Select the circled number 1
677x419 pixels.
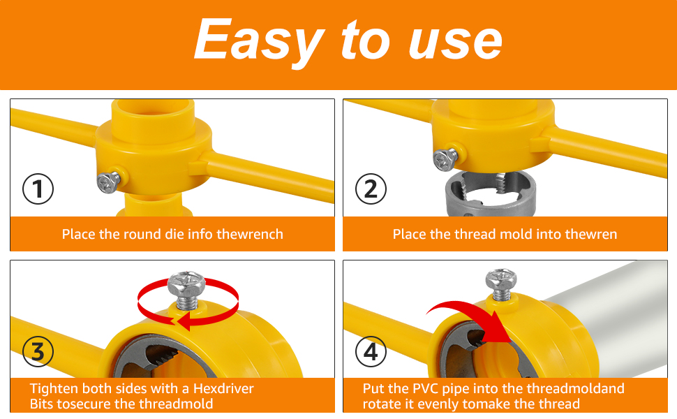38,189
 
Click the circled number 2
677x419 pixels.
371,189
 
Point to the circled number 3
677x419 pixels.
38,352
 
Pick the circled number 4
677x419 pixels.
371,352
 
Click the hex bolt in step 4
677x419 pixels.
501,284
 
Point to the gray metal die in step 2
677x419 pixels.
491,193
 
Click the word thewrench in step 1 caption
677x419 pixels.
250,234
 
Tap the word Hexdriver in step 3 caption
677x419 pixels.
223,388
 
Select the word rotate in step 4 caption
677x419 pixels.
381,404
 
